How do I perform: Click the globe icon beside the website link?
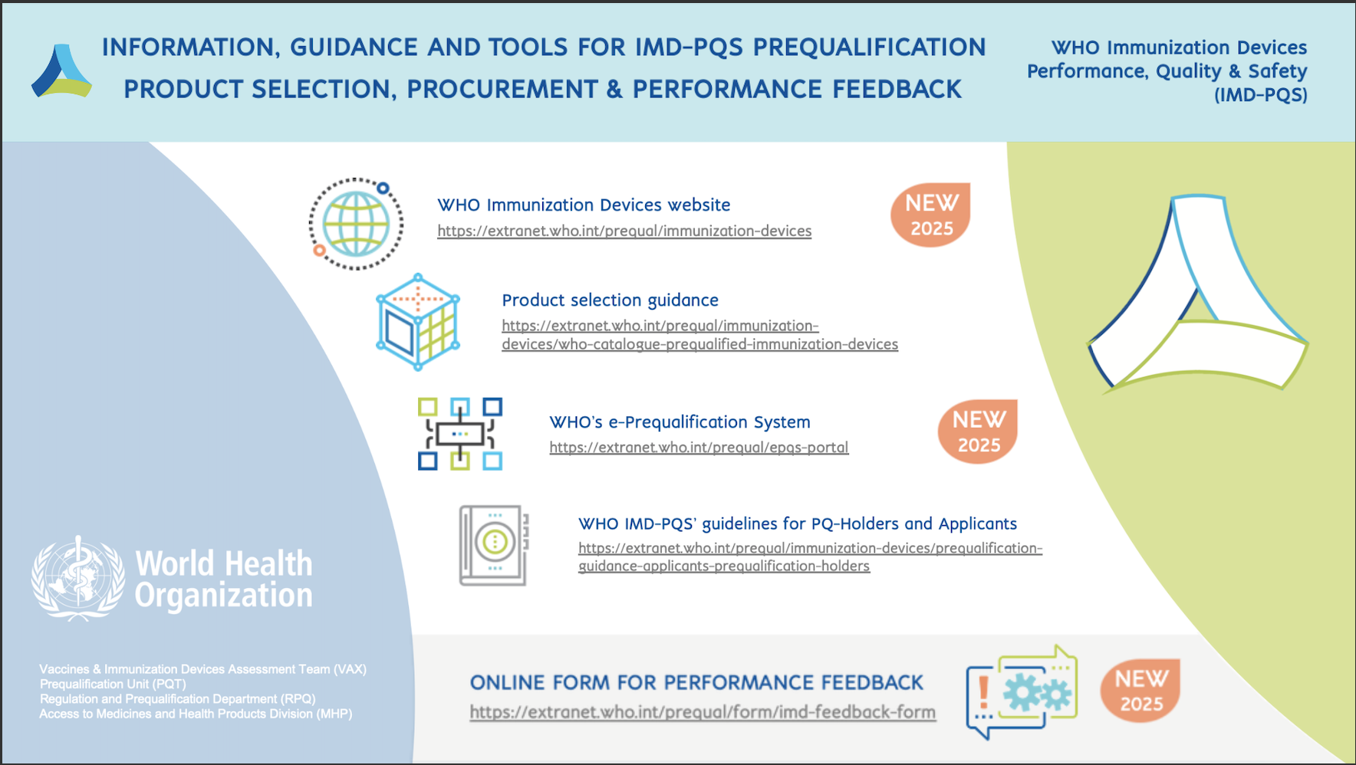356,224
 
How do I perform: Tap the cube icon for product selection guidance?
418,322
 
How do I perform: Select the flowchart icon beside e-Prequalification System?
460,433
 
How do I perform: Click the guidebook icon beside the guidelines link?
494,545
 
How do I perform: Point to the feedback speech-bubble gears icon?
1022,692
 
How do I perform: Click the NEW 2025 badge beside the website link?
931,215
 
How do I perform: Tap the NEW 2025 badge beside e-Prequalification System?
978,432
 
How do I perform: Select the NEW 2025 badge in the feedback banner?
1140,691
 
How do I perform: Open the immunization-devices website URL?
624,231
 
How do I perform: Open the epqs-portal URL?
699,447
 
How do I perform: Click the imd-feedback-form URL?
703,712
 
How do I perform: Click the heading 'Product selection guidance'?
610,300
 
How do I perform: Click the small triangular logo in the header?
61,71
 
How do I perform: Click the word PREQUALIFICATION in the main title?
869,48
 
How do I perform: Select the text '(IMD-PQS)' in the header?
1260,95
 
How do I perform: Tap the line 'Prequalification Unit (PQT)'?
113,684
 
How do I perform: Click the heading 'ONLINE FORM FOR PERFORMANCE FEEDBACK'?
696,682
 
